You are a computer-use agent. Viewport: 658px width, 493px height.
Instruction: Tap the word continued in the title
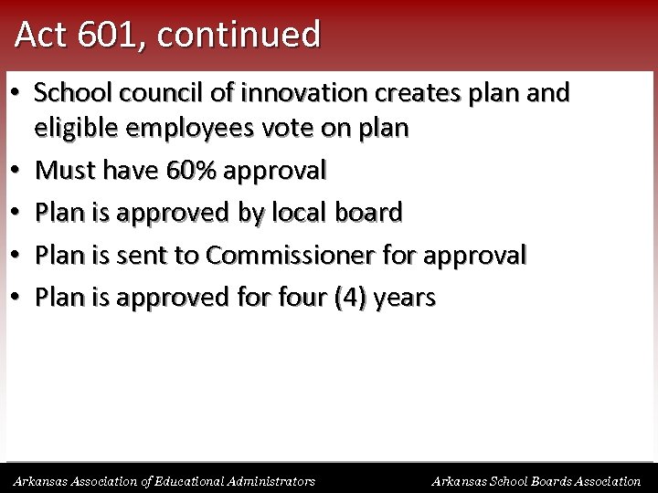click(x=239, y=35)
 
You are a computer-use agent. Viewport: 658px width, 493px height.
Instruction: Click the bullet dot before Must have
click(x=17, y=171)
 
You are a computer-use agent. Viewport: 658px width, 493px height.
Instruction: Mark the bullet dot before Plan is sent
click(x=17, y=256)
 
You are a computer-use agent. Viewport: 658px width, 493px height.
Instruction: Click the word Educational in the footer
click(x=185, y=480)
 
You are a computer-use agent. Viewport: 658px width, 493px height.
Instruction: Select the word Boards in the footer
click(x=541, y=480)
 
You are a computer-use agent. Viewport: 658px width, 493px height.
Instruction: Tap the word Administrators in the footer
click(x=271, y=480)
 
